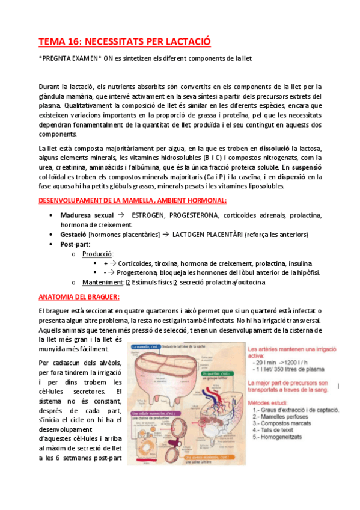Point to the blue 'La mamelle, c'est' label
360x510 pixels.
(146, 347)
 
